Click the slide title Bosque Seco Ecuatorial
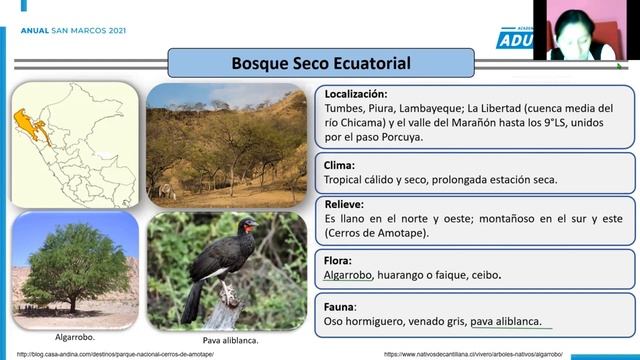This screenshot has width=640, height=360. [x=306, y=63]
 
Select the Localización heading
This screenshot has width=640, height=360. [x=362, y=94]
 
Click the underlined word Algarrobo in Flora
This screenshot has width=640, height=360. [x=349, y=274]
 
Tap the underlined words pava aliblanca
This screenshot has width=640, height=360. [x=506, y=322]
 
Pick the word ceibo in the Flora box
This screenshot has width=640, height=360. [x=484, y=274]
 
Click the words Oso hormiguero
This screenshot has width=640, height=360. [x=362, y=322]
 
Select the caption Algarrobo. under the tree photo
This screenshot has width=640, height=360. [x=71, y=337]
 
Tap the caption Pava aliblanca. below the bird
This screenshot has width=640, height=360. [x=227, y=340]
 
